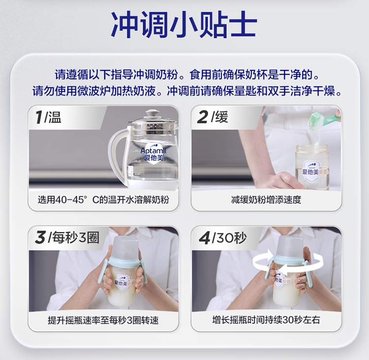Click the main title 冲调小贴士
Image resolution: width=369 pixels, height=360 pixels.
(x=184, y=24)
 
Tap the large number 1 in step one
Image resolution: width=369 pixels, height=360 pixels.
(x=39, y=117)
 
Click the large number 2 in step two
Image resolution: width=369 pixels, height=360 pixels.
(x=202, y=117)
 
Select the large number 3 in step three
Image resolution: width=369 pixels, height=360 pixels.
(x=40, y=237)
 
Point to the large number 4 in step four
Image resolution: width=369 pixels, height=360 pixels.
(x=204, y=237)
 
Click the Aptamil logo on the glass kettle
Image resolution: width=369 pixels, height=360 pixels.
(x=154, y=153)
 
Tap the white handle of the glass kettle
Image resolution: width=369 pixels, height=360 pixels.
(x=118, y=153)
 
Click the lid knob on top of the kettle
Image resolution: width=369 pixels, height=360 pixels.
(x=152, y=113)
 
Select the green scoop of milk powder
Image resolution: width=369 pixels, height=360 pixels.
(x=325, y=120)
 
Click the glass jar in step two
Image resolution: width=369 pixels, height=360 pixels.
(x=312, y=167)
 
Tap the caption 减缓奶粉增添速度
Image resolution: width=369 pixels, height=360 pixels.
(x=266, y=200)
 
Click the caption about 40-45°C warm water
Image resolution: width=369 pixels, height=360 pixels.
(x=103, y=200)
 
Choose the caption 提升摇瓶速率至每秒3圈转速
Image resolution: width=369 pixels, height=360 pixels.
(x=103, y=320)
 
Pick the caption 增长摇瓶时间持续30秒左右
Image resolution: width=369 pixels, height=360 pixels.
(x=266, y=320)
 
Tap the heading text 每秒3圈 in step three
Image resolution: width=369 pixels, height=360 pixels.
(x=76, y=237)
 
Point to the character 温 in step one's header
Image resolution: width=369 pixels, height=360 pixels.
(x=55, y=117)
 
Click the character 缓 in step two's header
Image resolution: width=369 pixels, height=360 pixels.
(x=221, y=117)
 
